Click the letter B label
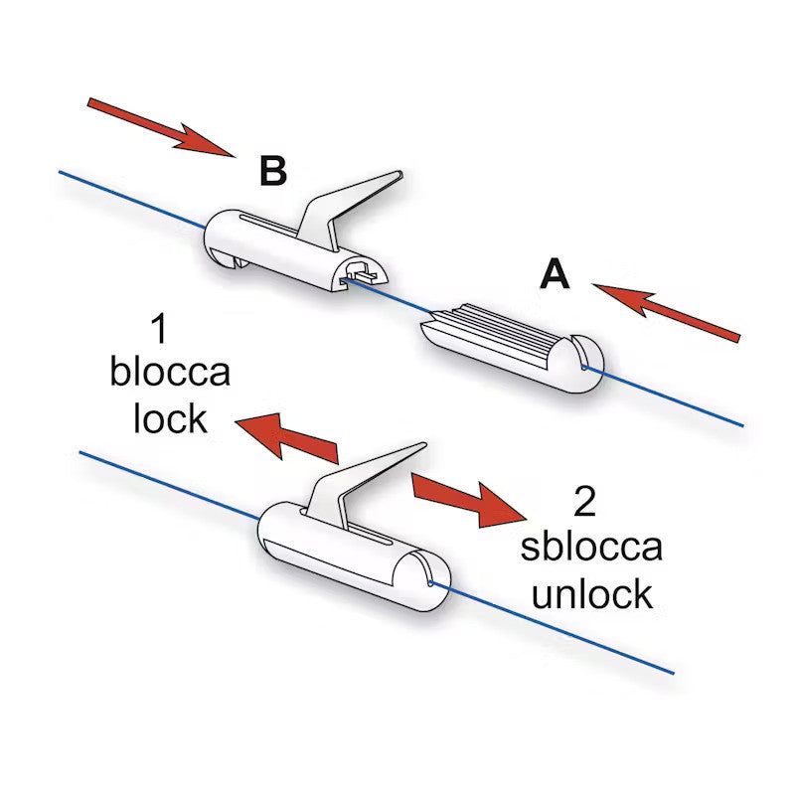click(273, 170)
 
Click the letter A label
click(555, 274)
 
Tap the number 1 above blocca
click(159, 329)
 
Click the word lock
click(170, 418)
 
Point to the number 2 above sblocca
click(585, 502)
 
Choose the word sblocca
click(591, 547)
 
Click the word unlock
click(591, 593)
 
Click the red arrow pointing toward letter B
click(161, 128)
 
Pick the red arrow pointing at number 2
click(469, 501)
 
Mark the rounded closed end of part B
click(219, 238)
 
